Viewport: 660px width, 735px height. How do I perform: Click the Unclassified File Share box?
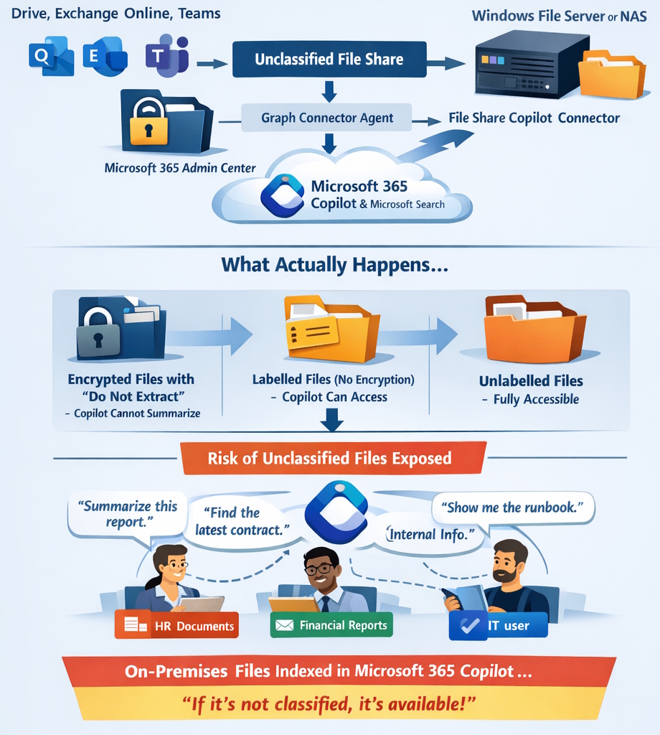click(x=329, y=60)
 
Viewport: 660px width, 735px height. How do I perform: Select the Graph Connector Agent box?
click(x=327, y=118)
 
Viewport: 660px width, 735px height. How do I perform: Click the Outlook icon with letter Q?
click(x=50, y=56)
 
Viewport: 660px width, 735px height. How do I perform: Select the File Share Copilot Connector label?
click(x=534, y=118)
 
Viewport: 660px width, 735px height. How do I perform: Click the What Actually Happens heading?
click(x=335, y=265)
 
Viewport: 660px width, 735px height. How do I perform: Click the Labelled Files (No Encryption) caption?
click(x=333, y=379)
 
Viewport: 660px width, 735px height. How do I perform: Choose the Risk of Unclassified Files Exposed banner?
click(x=329, y=458)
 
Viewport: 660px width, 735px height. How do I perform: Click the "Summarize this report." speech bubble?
click(x=126, y=513)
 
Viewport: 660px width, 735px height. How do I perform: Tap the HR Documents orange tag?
click(x=176, y=625)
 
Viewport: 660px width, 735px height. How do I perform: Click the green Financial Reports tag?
click(x=331, y=625)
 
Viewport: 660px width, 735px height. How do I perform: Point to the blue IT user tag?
click(x=498, y=625)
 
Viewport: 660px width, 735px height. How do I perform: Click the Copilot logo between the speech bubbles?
click(x=336, y=512)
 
